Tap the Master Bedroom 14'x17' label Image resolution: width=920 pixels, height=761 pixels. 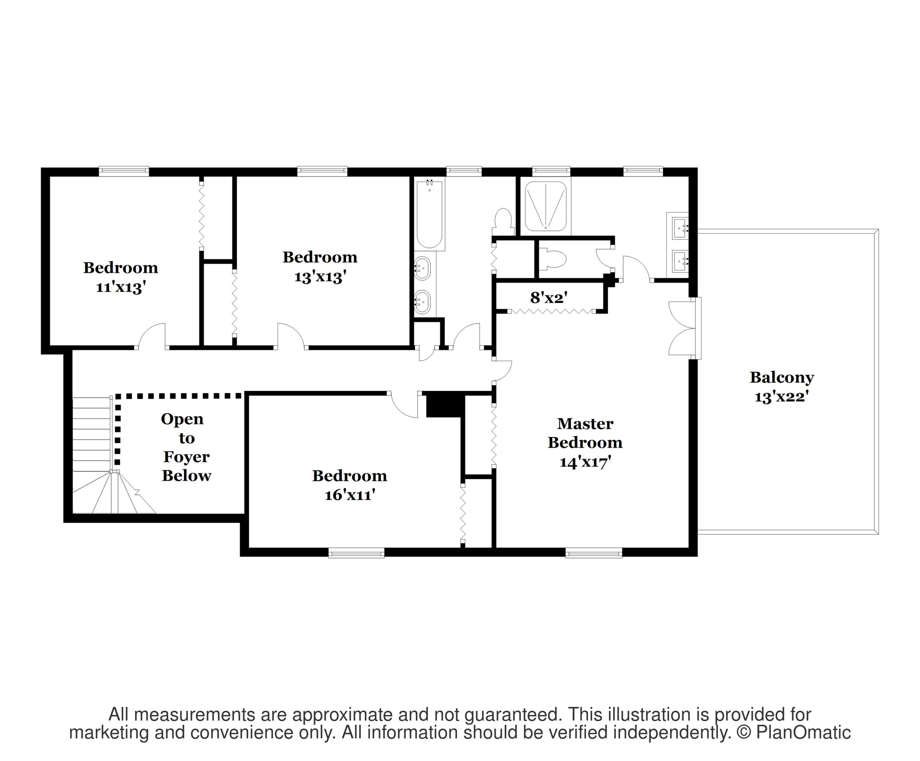tap(585, 443)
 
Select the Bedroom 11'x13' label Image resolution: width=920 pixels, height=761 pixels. tap(121, 277)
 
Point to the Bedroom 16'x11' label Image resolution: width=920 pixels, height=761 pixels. tap(350, 485)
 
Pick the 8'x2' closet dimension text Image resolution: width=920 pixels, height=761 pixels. tap(549, 298)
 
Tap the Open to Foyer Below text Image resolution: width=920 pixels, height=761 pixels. tap(186, 447)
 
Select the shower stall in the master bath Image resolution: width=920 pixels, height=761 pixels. tap(546, 206)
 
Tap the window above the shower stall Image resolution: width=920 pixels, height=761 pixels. tap(551, 171)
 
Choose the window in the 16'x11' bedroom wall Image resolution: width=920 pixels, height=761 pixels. tap(356, 553)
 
